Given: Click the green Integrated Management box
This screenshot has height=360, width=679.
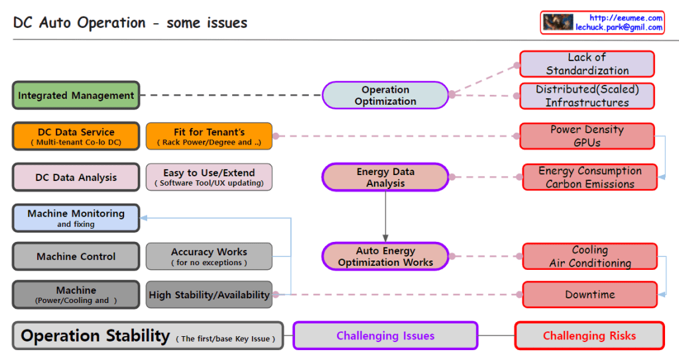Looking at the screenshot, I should point(76,95).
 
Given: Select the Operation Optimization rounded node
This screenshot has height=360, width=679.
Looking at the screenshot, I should point(385,95).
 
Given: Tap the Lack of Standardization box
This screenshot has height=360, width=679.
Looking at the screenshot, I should point(587,64).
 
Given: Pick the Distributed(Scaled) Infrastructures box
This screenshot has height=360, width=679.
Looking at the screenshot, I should point(587,96).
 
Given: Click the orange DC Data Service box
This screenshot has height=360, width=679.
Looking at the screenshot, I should point(76,136).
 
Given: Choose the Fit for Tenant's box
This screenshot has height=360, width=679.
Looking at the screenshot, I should point(209,136).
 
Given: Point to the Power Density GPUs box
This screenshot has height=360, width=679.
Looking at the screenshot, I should point(587,136).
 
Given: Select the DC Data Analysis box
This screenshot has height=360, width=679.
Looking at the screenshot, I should point(76,177).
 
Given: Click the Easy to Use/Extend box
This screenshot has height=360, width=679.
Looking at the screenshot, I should point(209,177).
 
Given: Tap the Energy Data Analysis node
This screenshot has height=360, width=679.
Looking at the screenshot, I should point(385,177).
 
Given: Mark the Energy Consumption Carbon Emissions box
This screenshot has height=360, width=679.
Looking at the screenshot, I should point(589,177).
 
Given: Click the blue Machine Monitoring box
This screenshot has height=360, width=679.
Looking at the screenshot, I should point(76,218).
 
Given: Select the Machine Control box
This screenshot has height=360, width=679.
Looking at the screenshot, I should point(76,257).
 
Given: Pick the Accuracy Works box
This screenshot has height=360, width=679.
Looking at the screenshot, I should point(209,257).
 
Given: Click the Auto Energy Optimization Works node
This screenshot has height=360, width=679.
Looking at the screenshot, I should point(385,257).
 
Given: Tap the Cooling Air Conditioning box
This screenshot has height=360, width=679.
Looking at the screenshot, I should point(589,257).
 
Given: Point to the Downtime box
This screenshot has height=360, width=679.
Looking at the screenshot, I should point(589,294).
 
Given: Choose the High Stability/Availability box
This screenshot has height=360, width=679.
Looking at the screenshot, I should point(209,294).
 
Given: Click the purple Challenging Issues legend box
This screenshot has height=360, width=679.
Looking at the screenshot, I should point(385,335).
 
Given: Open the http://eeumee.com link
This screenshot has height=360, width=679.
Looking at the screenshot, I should point(626,18).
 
